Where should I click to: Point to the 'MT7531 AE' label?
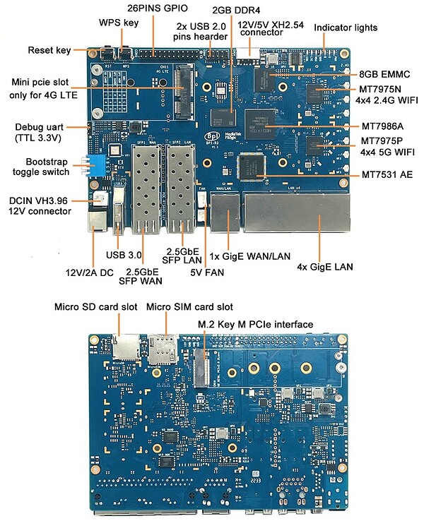(387, 174)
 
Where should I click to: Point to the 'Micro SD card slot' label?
(86, 307)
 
